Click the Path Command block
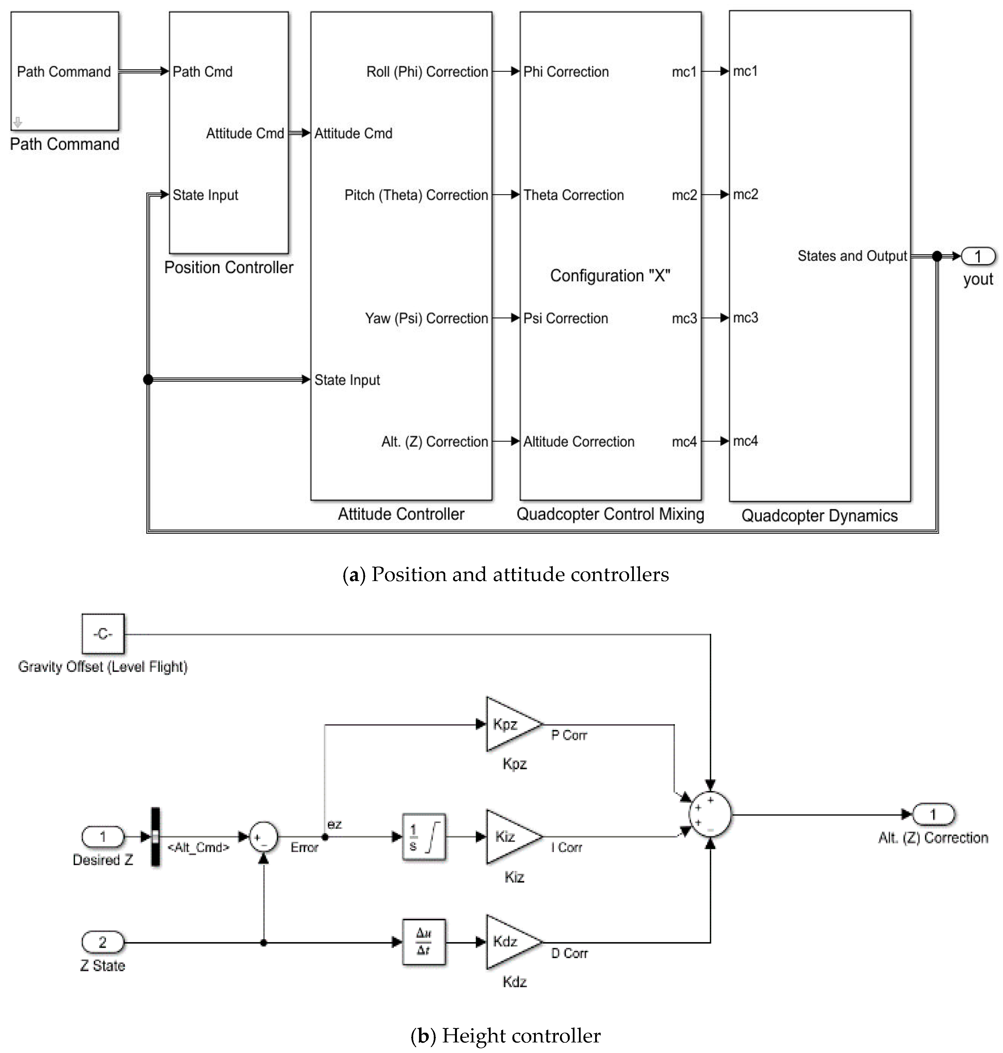[x=65, y=71]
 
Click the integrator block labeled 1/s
[x=423, y=837]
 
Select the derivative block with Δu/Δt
[x=423, y=942]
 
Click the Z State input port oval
[x=103, y=942]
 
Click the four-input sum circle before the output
[x=710, y=815]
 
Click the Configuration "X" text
[x=610, y=276]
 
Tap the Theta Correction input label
[x=573, y=195]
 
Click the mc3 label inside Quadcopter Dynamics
[x=745, y=318]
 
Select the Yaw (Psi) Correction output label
[x=426, y=319]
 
